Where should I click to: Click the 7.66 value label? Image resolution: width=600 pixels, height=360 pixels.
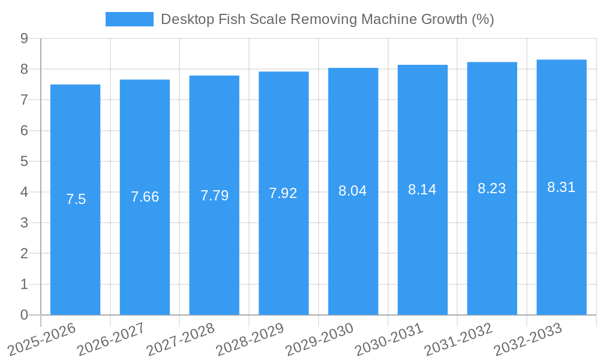[145, 197]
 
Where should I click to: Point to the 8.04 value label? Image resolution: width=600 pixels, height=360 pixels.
[353, 191]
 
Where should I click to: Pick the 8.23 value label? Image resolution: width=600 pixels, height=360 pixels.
[492, 188]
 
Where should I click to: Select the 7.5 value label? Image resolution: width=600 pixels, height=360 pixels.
[76, 200]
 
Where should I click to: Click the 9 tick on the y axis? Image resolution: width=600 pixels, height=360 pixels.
[24, 38]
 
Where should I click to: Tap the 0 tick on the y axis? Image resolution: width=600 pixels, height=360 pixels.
[24, 315]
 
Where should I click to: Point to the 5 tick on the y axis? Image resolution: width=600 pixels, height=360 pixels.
[24, 161]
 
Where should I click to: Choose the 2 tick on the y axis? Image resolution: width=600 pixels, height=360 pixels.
[24, 254]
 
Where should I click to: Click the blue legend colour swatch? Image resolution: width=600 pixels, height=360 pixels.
[129, 19]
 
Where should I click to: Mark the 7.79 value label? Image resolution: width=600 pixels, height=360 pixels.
[214, 196]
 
